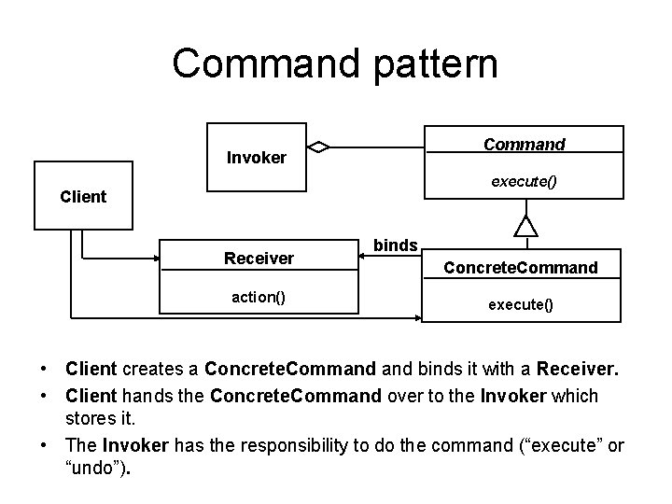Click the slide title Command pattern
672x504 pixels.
click(335, 63)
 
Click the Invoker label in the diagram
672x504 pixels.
click(257, 158)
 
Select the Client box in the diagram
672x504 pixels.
click(83, 196)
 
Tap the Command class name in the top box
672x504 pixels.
click(524, 145)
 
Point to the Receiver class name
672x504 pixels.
click(259, 258)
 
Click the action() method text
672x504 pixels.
click(259, 297)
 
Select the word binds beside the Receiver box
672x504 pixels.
click(395, 245)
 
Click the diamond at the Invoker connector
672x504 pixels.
click(320, 146)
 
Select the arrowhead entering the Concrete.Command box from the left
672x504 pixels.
click(416, 317)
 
